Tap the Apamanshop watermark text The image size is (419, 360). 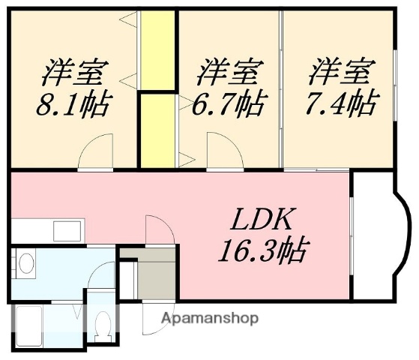coord(209,318)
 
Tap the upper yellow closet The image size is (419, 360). coord(157,49)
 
